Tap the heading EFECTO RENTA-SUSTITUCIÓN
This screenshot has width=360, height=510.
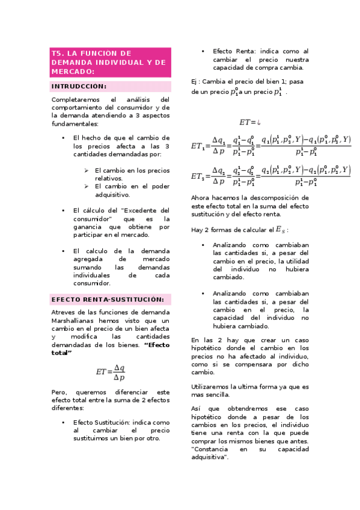107,299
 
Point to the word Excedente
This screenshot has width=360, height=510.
145,210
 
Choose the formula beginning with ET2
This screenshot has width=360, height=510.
271,176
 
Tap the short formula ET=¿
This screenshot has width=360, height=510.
249,122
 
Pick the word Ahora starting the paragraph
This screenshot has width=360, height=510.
201,197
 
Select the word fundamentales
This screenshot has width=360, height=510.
74,123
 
